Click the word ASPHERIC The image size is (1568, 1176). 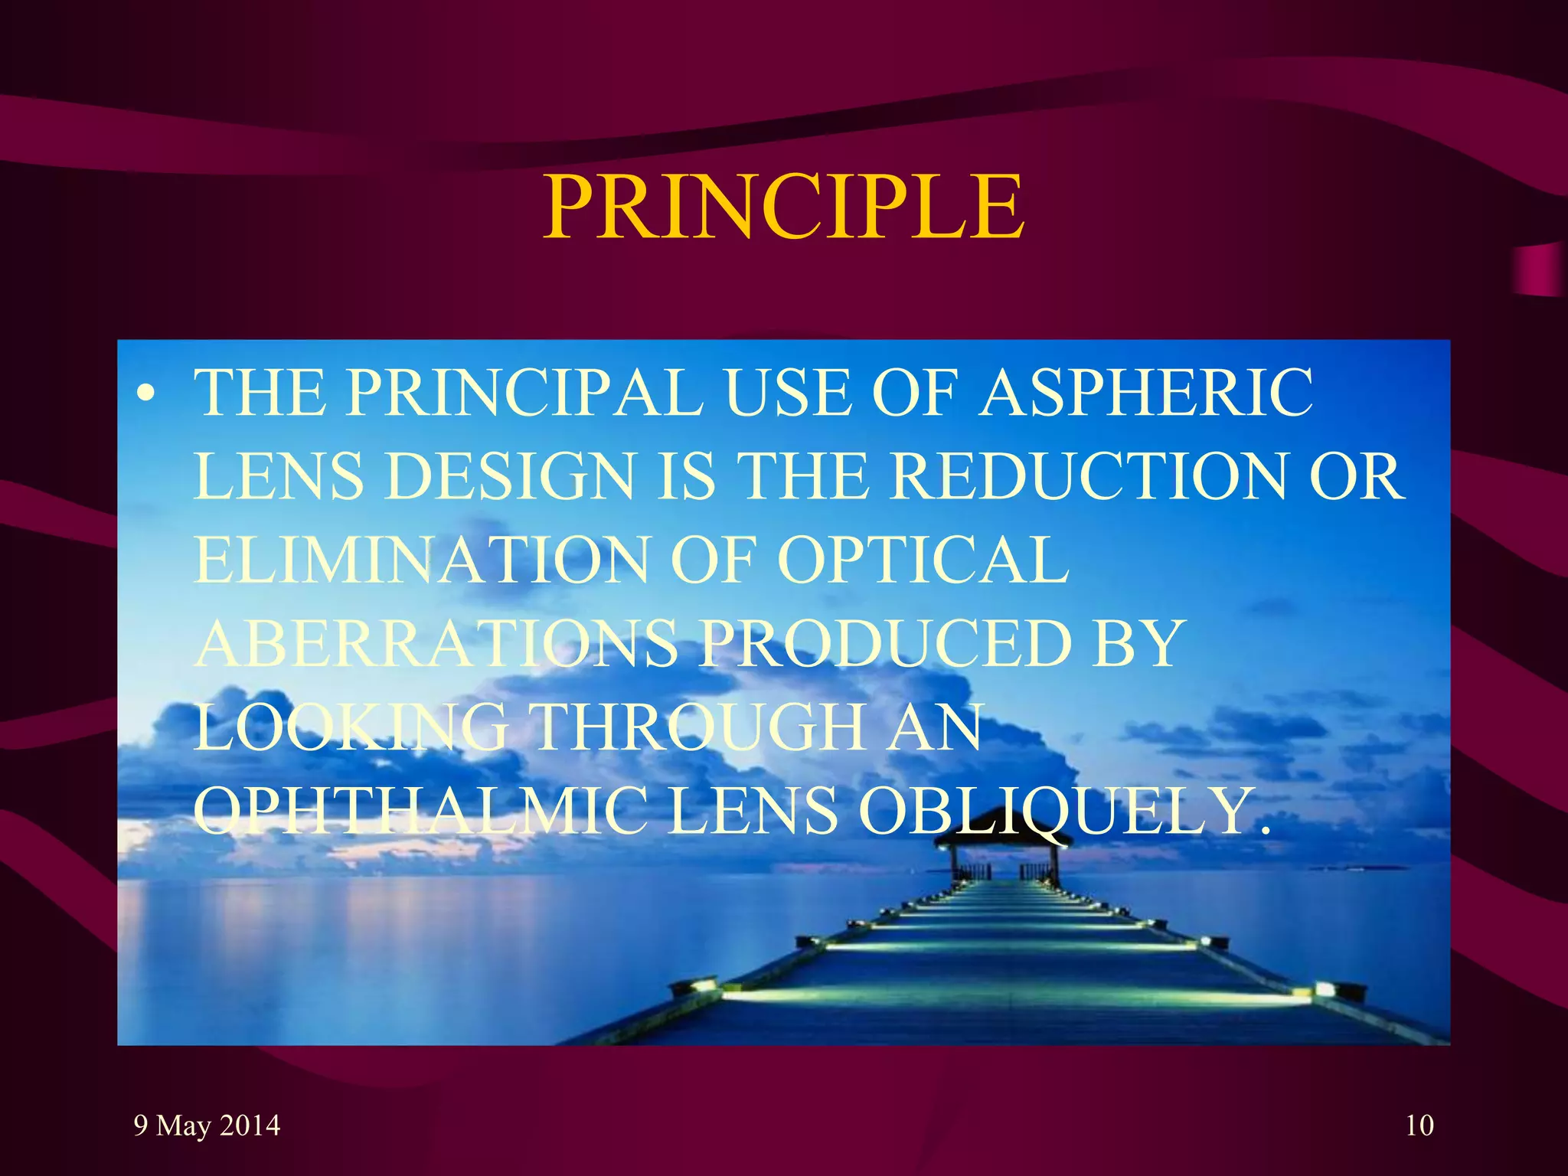1146,394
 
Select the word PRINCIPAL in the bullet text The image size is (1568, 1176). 524,394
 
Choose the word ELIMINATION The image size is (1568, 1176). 422,560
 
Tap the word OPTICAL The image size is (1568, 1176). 923,560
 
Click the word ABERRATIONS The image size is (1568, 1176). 436,644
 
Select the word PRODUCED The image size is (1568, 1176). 885,644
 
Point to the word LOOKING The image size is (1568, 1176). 351,727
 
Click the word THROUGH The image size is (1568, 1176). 697,727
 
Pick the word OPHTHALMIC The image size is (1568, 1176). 420,811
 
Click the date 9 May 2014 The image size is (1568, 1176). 207,1125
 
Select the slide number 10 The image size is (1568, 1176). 1419,1125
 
